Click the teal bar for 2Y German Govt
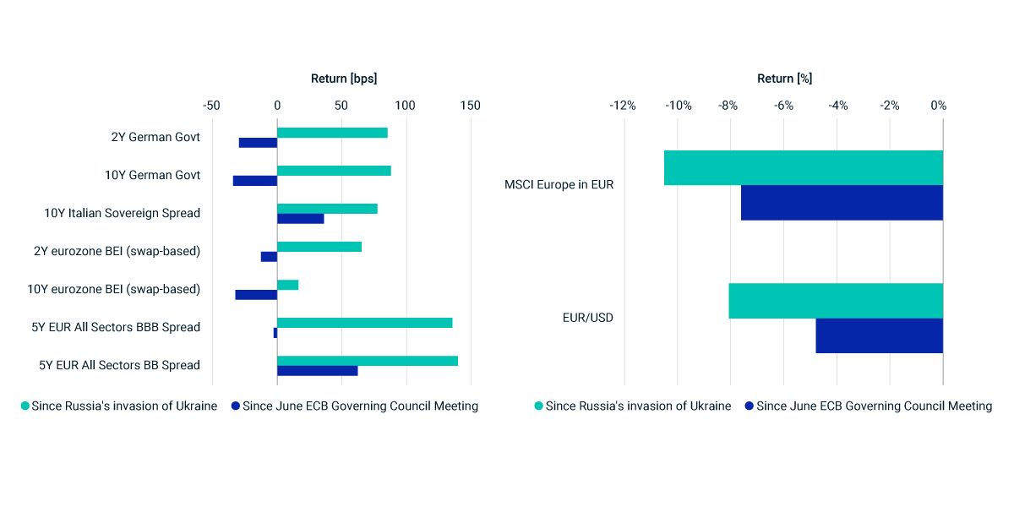(x=332, y=133)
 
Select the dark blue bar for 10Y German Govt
(x=255, y=181)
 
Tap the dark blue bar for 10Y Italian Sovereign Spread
(x=300, y=219)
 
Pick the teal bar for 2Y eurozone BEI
(x=319, y=247)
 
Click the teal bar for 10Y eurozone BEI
(x=287, y=285)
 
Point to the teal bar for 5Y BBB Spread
(x=364, y=323)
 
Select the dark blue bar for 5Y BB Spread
(x=317, y=371)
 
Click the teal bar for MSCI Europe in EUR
(x=803, y=168)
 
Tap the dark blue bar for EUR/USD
(x=879, y=335)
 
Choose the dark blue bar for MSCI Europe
(x=842, y=203)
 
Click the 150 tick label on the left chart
(x=470, y=106)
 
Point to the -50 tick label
(x=211, y=106)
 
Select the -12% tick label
(x=623, y=106)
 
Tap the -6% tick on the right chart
(x=783, y=106)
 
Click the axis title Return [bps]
(x=344, y=79)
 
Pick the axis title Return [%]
(x=784, y=79)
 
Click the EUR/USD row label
(x=588, y=318)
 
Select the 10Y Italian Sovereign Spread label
(x=123, y=213)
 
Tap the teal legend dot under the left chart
(x=25, y=406)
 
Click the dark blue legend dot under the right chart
(x=750, y=406)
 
